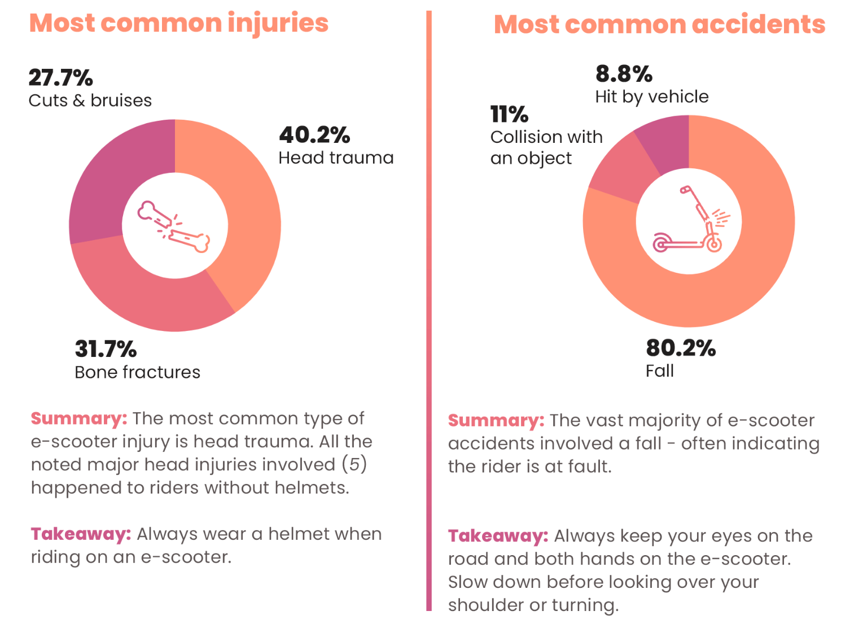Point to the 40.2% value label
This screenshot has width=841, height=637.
[x=314, y=135]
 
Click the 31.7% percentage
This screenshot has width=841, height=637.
[x=106, y=349]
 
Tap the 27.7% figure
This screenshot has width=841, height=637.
[x=60, y=77]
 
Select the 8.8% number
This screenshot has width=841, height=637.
[x=624, y=74]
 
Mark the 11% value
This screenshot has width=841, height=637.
[x=509, y=115]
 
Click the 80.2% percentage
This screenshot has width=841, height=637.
[x=681, y=348]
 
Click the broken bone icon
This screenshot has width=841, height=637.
[x=174, y=226]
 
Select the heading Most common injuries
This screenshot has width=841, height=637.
[x=179, y=23]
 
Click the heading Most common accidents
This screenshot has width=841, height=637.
[x=659, y=25]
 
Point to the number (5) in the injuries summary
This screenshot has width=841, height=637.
[x=354, y=464]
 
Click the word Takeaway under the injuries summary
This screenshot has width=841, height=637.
[x=81, y=534]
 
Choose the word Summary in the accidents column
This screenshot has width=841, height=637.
[x=496, y=420]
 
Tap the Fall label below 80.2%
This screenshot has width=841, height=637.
[x=659, y=371]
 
